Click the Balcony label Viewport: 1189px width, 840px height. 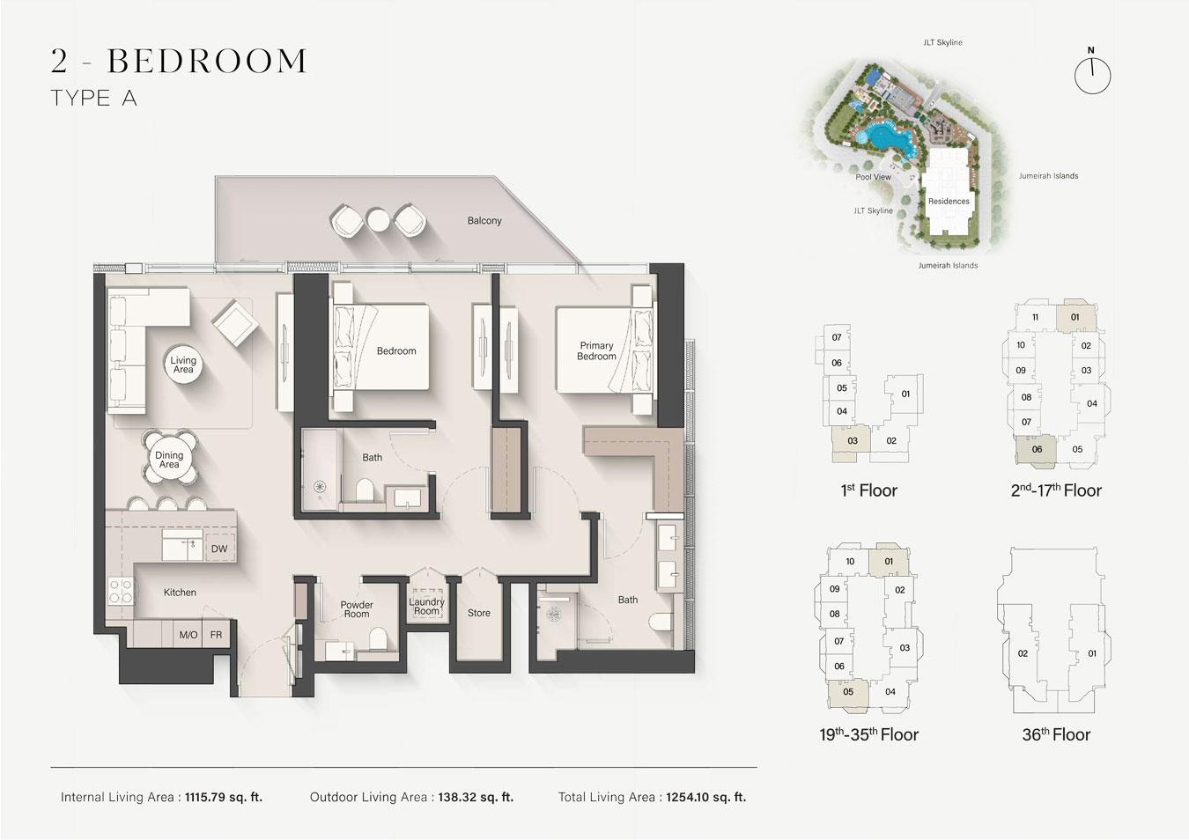484,220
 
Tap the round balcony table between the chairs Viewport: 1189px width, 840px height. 378,219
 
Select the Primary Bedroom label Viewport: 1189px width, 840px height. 596,350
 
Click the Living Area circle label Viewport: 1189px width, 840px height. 183,364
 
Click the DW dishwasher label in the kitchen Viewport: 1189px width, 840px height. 219,549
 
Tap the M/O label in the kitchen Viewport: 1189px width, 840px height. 188,635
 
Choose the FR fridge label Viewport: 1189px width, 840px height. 216,635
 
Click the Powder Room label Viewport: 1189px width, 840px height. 356,609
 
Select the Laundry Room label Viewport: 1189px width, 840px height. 427,606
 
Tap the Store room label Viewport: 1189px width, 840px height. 479,613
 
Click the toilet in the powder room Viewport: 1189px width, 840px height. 378,639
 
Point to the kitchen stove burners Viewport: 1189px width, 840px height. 121,592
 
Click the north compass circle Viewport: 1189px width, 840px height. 1092,76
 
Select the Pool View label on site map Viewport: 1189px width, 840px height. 873,177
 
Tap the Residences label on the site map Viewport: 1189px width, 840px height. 949,201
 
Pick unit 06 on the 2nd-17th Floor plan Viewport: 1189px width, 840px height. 1036,450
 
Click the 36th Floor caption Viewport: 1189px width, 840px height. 1056,734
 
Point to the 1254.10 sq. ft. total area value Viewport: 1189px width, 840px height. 706,797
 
